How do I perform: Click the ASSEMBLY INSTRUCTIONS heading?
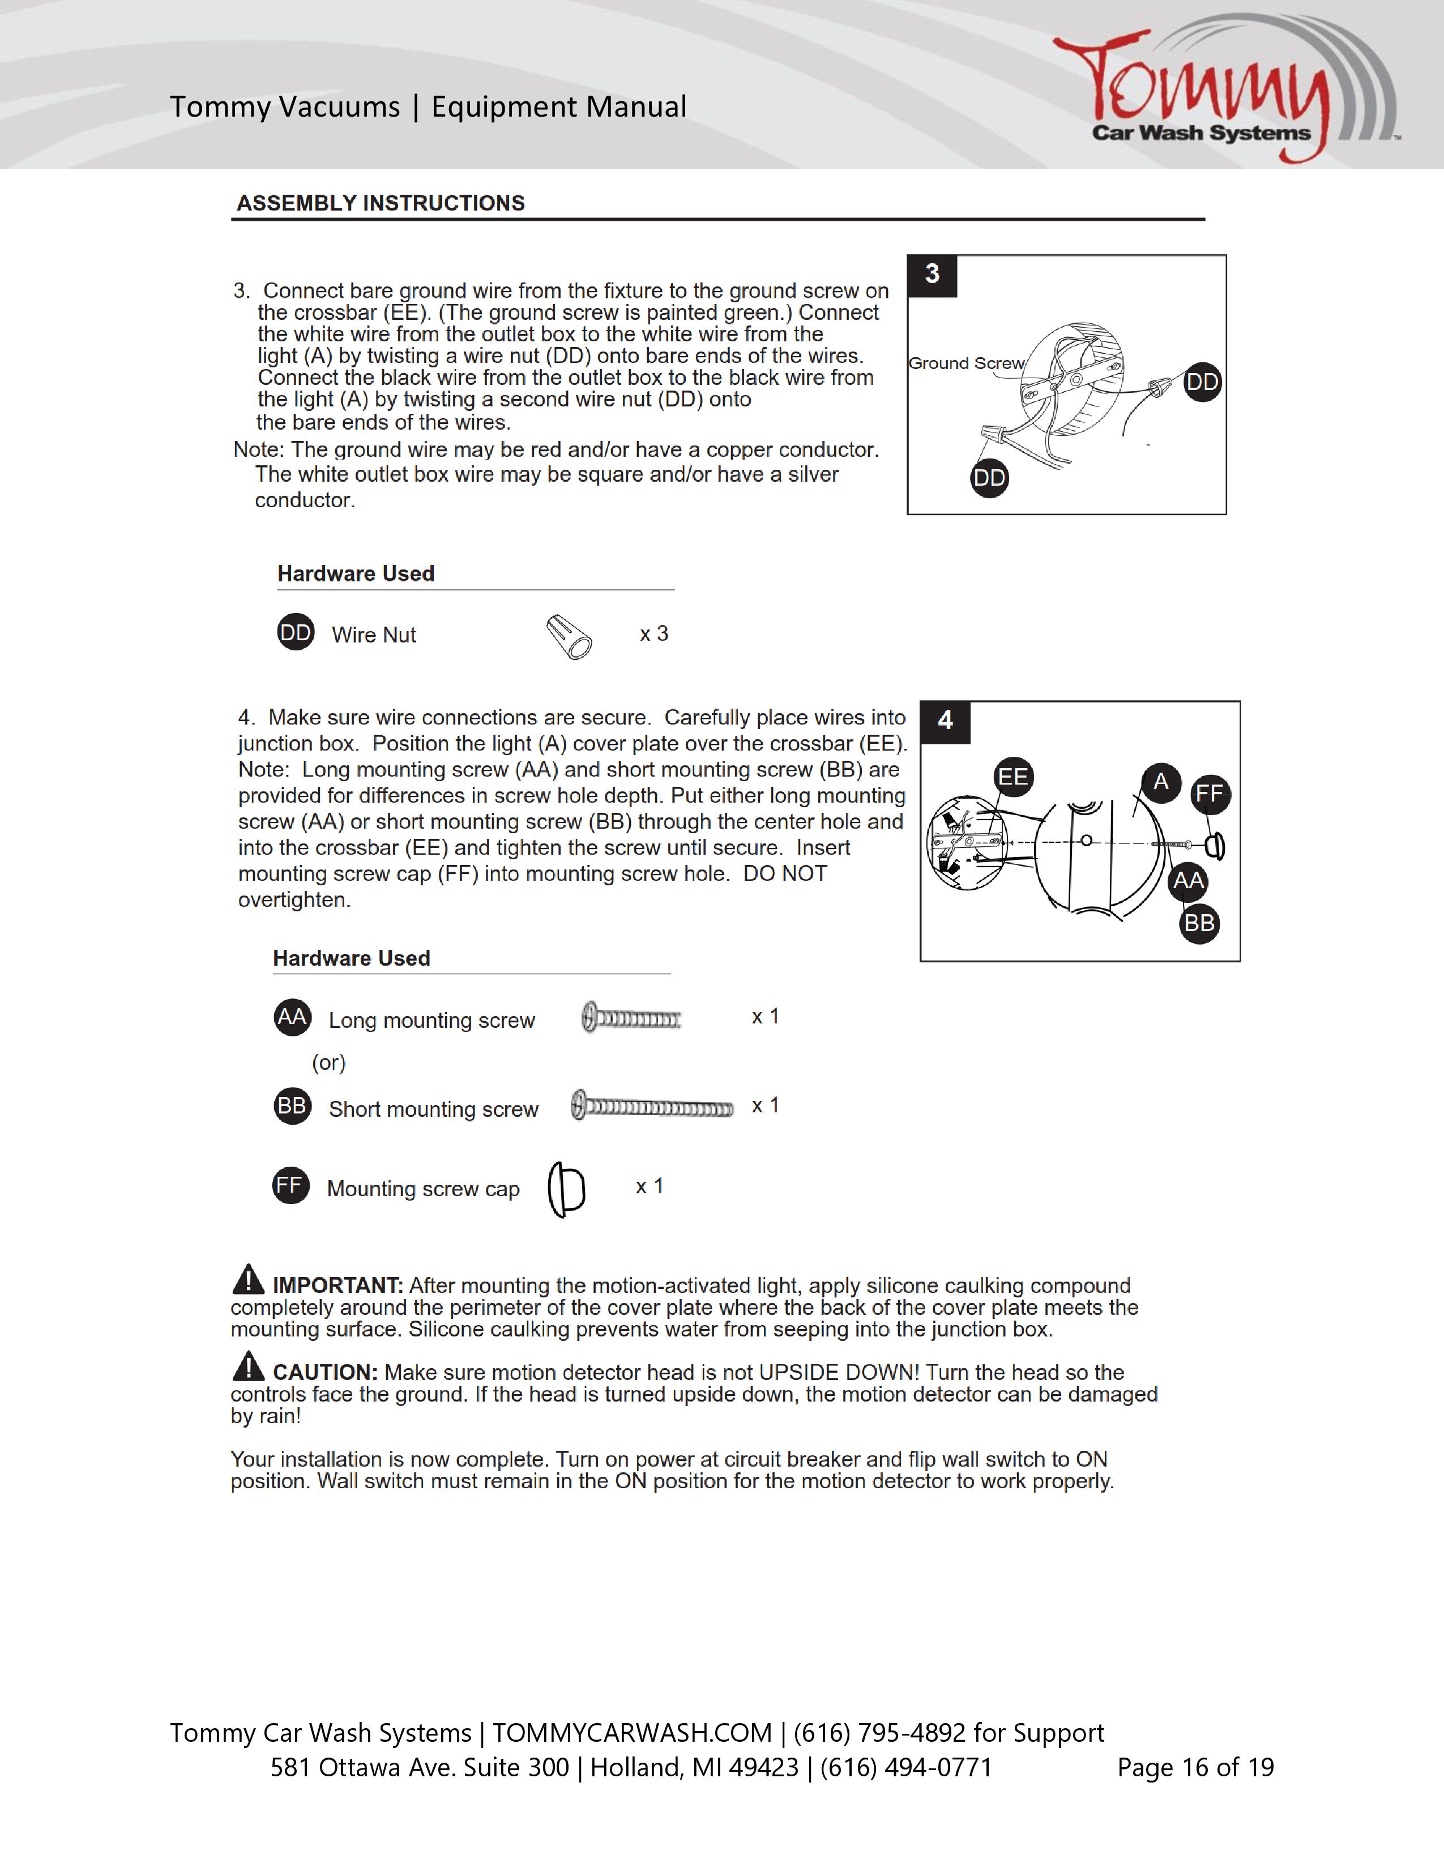pos(381,203)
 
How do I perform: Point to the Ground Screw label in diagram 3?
pos(966,363)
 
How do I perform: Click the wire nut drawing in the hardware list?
pos(569,636)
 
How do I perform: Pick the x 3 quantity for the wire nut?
pos(653,634)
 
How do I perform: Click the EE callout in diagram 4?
pos(1014,777)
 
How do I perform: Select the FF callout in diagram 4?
pos(1210,794)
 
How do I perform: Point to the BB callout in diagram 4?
pos(1198,924)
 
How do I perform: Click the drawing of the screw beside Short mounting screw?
pos(652,1108)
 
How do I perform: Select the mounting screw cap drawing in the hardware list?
pos(566,1189)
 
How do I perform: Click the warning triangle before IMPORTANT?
pos(248,1280)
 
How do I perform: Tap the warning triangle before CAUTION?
pos(248,1367)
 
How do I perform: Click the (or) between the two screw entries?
pos(328,1062)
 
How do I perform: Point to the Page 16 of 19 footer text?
pos(1195,1767)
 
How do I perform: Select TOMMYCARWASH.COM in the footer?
pos(632,1733)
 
